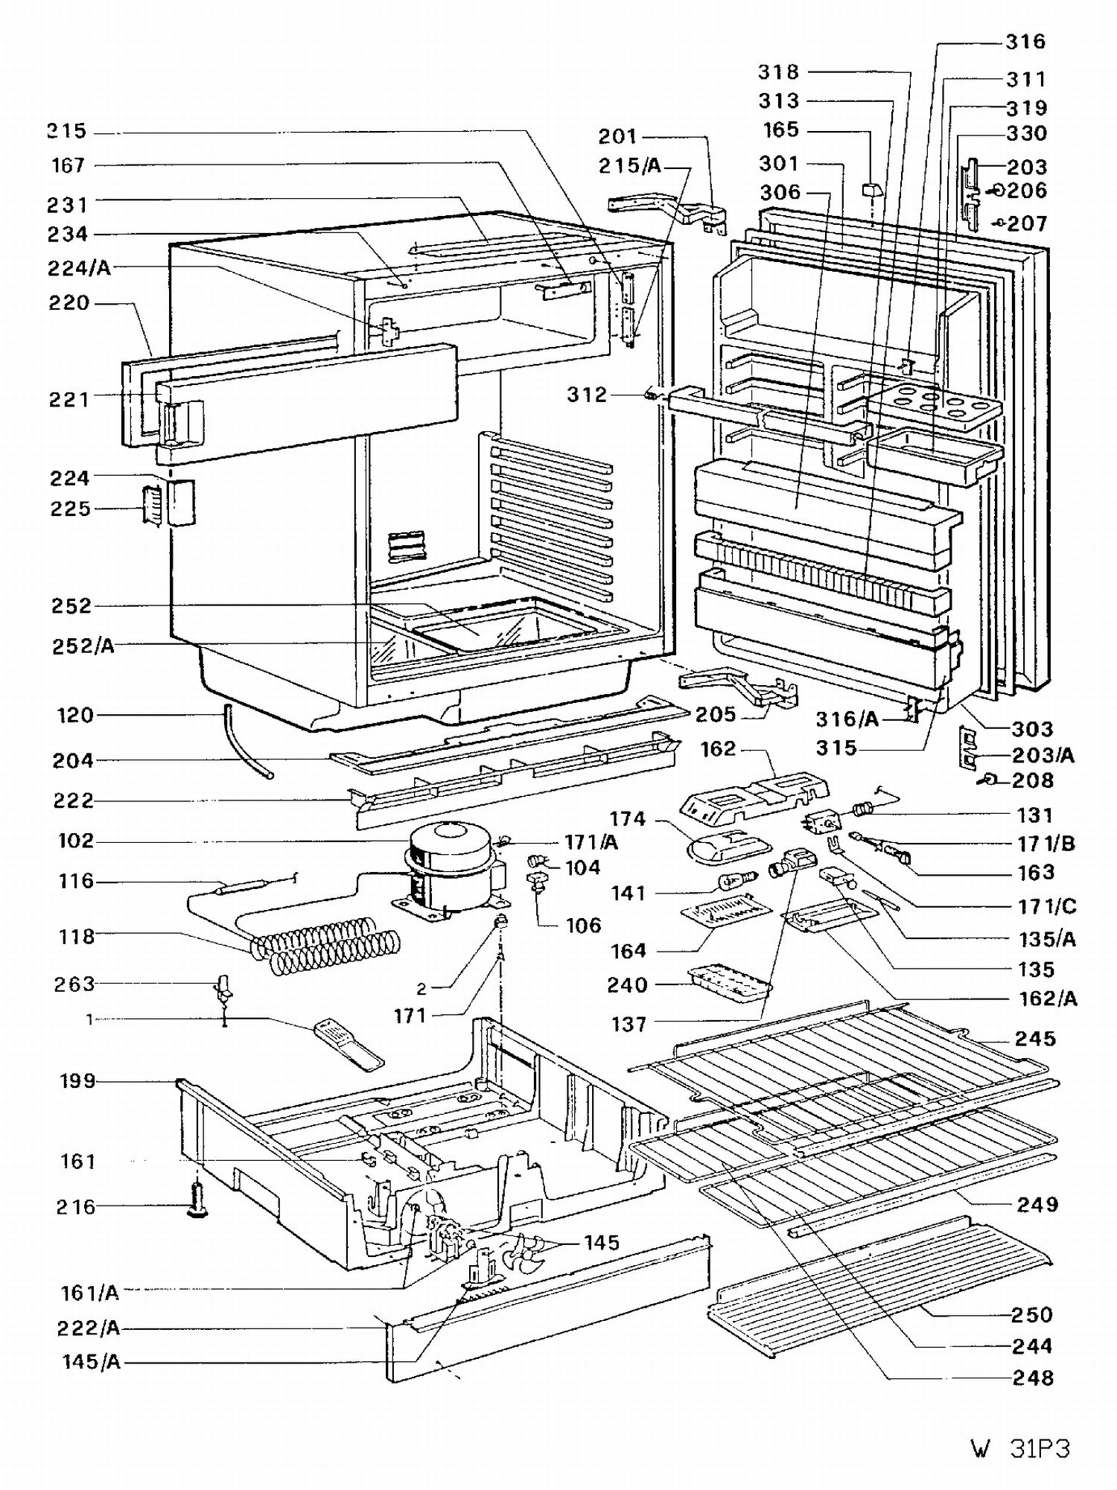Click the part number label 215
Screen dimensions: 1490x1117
click(x=68, y=132)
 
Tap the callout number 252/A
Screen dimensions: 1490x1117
click(x=83, y=646)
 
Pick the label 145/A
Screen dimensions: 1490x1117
click(x=91, y=1362)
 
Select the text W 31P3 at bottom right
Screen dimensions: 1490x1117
click(x=1020, y=1449)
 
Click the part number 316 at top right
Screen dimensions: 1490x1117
click(x=1025, y=42)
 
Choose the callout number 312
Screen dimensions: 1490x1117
click(x=587, y=395)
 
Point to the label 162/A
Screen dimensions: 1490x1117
click(x=1048, y=999)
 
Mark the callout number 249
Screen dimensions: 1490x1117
click(x=1037, y=1204)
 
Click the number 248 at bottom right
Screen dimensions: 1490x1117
click(x=1033, y=1378)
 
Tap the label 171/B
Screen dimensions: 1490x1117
click(x=1046, y=844)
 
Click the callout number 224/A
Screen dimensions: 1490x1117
click(x=79, y=268)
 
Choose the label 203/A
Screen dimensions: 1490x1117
click(x=1043, y=756)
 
